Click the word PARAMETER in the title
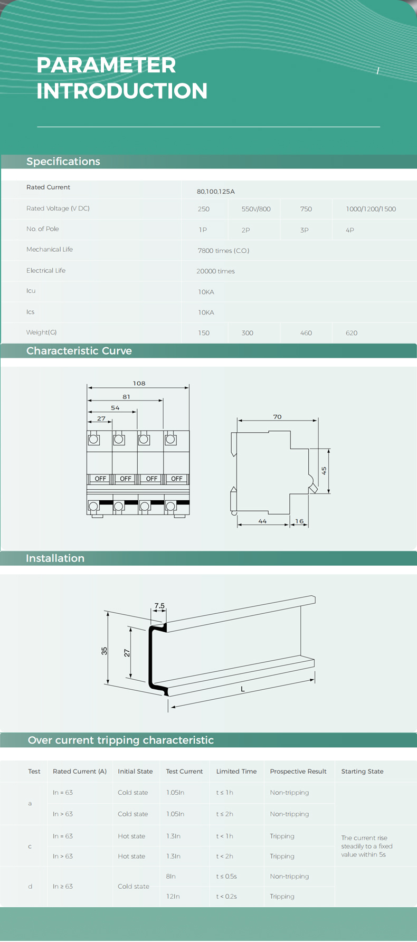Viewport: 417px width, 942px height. point(106,65)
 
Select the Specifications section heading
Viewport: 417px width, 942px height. point(63,161)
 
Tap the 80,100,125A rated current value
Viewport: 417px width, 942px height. point(215,192)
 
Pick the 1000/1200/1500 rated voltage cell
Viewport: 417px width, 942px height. point(371,209)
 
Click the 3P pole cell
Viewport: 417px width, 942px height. point(305,230)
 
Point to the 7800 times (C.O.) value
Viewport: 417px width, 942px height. point(223,251)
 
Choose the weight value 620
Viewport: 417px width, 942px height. point(352,333)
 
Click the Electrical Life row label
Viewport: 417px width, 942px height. point(46,270)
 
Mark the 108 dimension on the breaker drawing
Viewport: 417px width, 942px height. point(139,383)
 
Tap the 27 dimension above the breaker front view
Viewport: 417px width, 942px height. point(101,418)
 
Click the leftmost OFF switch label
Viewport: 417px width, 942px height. point(100,479)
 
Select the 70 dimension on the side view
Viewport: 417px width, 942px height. point(277,417)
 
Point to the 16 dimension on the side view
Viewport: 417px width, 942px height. point(299,521)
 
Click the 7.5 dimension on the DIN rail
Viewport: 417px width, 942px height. point(159,606)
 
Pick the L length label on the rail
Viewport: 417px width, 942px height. point(243,689)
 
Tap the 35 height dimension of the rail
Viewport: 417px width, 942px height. point(105,651)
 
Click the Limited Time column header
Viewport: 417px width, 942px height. point(236,772)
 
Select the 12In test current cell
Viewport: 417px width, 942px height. point(173,896)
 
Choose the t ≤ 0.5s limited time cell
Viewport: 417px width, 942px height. point(226,876)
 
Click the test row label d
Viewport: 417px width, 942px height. point(30,886)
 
